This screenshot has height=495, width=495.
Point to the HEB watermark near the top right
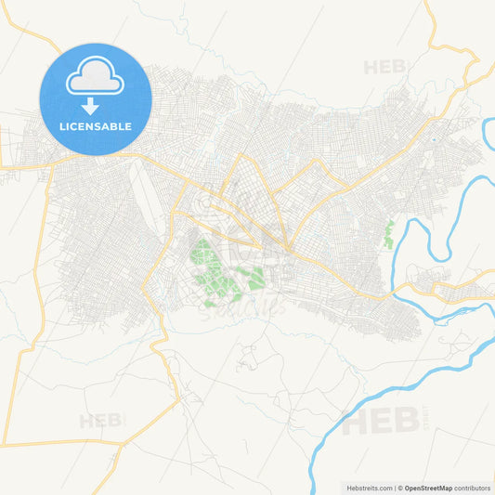385,67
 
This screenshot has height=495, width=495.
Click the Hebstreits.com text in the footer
367,488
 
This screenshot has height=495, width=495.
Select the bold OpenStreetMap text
428,488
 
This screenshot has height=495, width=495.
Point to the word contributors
473,488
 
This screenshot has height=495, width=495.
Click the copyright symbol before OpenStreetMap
400,488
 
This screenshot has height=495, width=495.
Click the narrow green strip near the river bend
389,234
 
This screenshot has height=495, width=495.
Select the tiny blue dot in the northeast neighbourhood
433,140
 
